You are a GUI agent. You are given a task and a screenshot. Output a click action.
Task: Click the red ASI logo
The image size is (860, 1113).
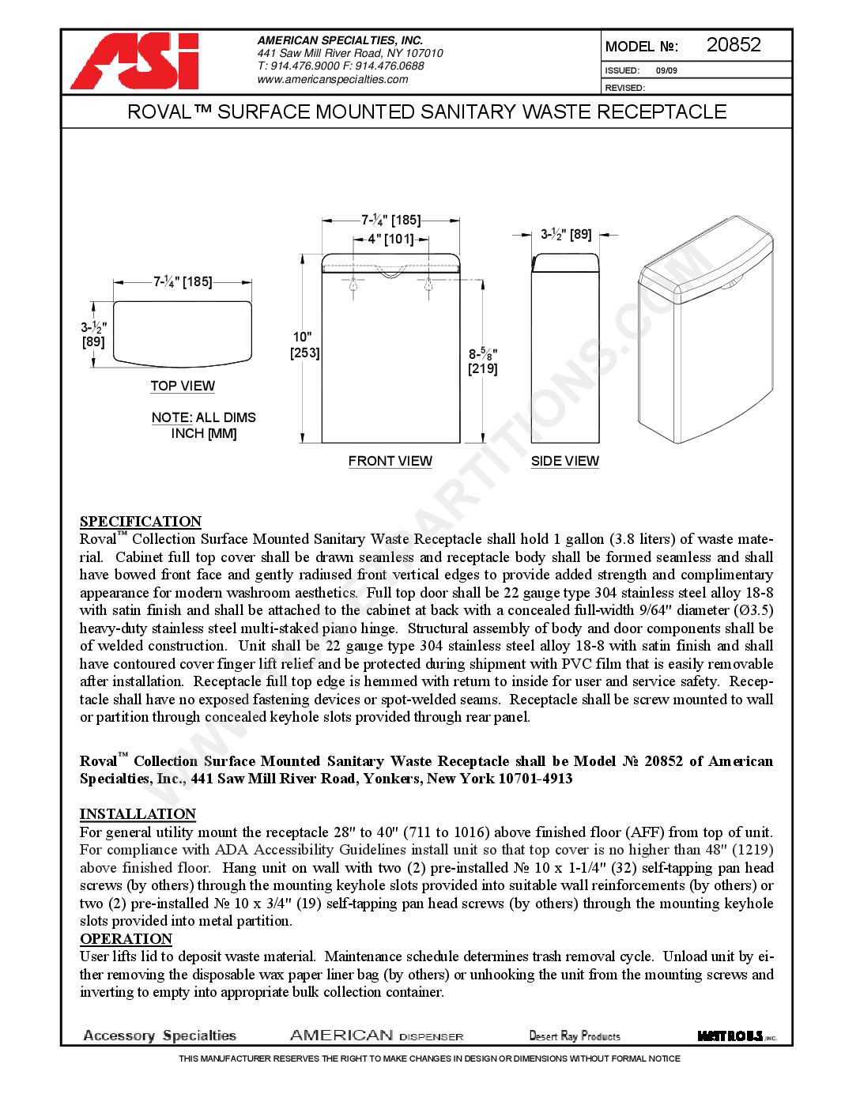[135, 62]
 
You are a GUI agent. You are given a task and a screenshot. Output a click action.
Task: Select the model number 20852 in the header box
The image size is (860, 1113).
[733, 45]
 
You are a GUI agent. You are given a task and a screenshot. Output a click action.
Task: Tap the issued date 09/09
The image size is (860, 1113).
[666, 70]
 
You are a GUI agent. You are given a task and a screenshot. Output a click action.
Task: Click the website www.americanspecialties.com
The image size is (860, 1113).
[332, 79]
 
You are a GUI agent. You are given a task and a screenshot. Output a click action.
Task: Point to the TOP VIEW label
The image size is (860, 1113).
[183, 386]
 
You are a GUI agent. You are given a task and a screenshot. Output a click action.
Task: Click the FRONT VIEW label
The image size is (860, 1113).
[390, 461]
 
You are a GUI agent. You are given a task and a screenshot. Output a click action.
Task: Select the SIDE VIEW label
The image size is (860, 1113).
[564, 461]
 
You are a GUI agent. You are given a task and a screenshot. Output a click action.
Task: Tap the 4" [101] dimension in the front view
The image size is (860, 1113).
[390, 239]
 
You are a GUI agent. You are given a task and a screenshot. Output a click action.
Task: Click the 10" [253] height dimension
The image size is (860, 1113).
[304, 345]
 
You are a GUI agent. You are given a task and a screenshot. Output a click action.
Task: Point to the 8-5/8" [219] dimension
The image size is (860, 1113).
[482, 361]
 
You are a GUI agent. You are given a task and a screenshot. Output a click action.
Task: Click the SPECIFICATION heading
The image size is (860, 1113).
[141, 522]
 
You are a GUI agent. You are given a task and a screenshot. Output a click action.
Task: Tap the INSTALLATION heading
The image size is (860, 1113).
[138, 814]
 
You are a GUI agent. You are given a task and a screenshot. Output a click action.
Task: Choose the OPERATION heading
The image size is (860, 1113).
[126, 939]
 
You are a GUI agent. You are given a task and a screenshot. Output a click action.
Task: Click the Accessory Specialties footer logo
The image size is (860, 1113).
[160, 1036]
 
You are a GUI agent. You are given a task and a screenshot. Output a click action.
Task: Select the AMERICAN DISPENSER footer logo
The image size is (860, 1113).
[376, 1036]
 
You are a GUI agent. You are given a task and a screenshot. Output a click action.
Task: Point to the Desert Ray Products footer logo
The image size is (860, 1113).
[575, 1036]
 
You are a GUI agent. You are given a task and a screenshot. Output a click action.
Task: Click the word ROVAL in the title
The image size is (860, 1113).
[159, 112]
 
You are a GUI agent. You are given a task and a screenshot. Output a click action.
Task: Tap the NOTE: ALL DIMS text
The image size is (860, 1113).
[204, 417]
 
